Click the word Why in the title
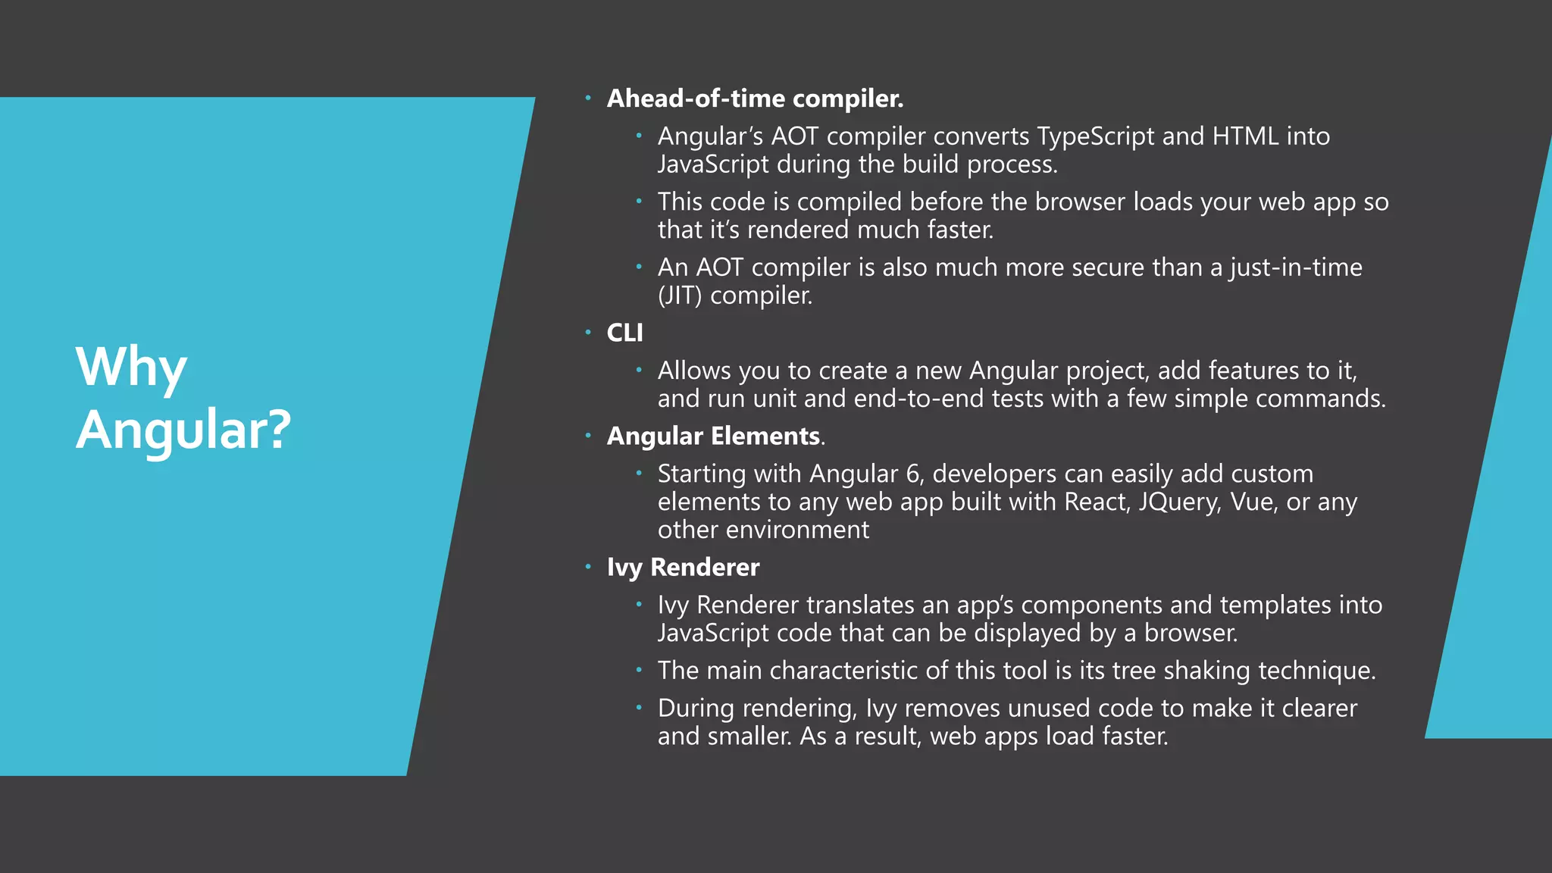click(x=131, y=368)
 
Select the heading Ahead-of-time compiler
click(x=755, y=99)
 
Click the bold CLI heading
click(x=624, y=333)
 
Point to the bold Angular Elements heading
click(x=713, y=436)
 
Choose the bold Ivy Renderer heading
click(x=683, y=568)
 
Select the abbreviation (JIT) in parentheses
click(x=680, y=296)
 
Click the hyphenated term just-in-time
click(x=1296, y=268)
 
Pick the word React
click(x=1097, y=502)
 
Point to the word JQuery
click(x=1179, y=502)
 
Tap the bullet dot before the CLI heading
click(x=588, y=332)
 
